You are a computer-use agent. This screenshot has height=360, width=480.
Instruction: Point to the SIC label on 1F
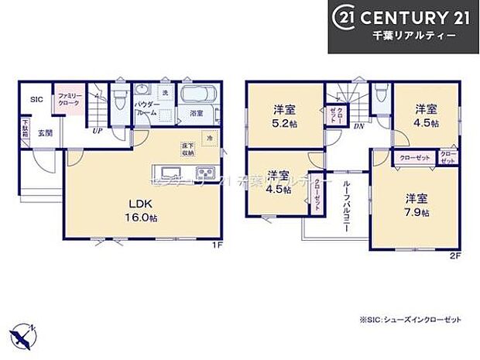(36, 100)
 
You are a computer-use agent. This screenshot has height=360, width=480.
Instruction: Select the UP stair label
(98, 131)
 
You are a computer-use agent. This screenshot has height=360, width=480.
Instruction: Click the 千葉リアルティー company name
(418, 36)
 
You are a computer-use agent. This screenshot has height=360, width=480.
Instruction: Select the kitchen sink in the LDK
(171, 171)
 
